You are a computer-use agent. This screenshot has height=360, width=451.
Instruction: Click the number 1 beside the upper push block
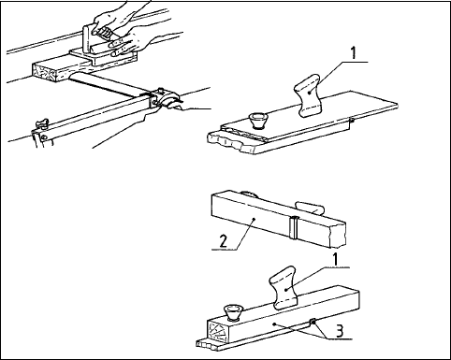click(x=353, y=53)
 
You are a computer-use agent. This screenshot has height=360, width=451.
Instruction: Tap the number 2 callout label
click(x=224, y=241)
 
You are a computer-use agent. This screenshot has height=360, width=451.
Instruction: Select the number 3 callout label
click(x=340, y=331)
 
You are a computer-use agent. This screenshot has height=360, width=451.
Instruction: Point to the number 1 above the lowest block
click(x=335, y=259)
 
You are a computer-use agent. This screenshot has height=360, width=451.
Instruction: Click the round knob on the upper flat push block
click(x=258, y=121)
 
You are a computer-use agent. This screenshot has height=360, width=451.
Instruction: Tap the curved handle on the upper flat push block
click(x=308, y=95)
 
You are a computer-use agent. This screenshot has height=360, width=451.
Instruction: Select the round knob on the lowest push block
click(x=233, y=312)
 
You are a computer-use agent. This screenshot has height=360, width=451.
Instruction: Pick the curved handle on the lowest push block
click(x=284, y=288)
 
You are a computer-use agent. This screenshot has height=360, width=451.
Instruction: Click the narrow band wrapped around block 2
click(x=294, y=227)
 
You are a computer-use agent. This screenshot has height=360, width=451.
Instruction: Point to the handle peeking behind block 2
click(x=311, y=209)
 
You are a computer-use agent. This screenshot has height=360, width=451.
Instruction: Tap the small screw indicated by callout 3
click(x=313, y=322)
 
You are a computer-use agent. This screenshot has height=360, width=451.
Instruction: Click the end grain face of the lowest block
click(x=217, y=331)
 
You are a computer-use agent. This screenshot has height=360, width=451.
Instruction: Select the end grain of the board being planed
click(x=46, y=72)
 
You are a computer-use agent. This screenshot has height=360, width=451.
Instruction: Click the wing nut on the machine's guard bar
click(x=42, y=123)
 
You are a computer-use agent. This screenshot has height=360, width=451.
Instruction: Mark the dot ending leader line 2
click(x=255, y=220)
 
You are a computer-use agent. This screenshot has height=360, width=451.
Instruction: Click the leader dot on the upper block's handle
click(x=309, y=93)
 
